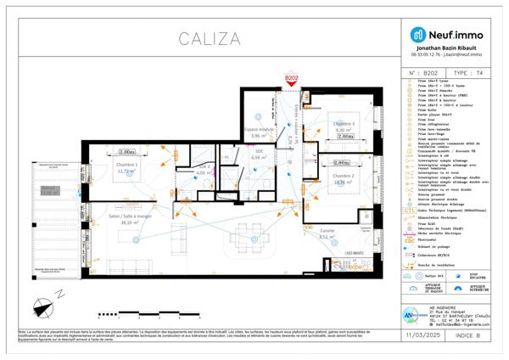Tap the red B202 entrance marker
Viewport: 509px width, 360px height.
pos(291,79)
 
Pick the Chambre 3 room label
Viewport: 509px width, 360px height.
pos(343,124)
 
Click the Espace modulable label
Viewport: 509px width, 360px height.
pos(260,130)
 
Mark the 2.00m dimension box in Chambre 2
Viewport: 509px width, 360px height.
pos(342,162)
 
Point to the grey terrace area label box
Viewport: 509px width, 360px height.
pos(50,191)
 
